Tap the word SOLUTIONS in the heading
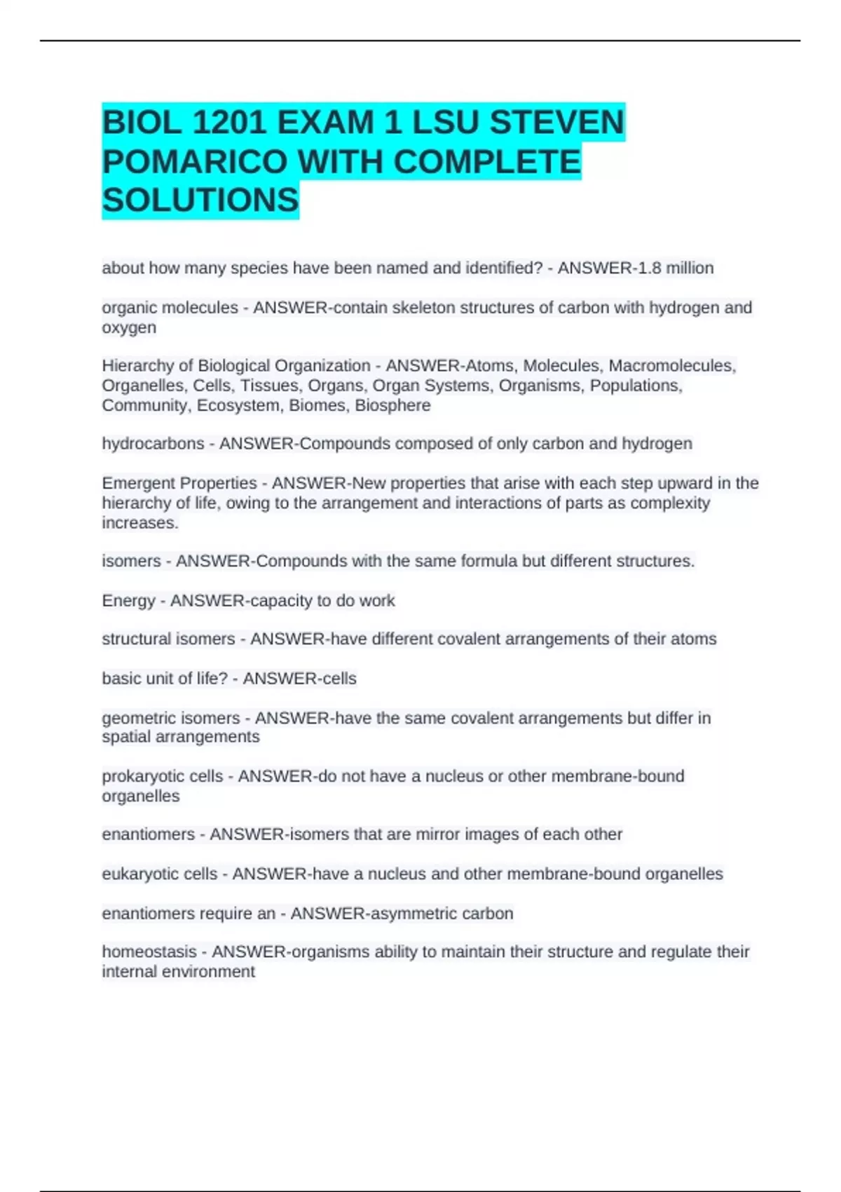(x=200, y=201)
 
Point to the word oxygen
(x=129, y=327)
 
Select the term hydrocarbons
(x=153, y=444)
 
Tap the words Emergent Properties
(x=179, y=483)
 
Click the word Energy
(x=128, y=601)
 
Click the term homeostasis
(x=149, y=951)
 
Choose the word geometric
(x=140, y=718)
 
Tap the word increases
(x=139, y=523)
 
